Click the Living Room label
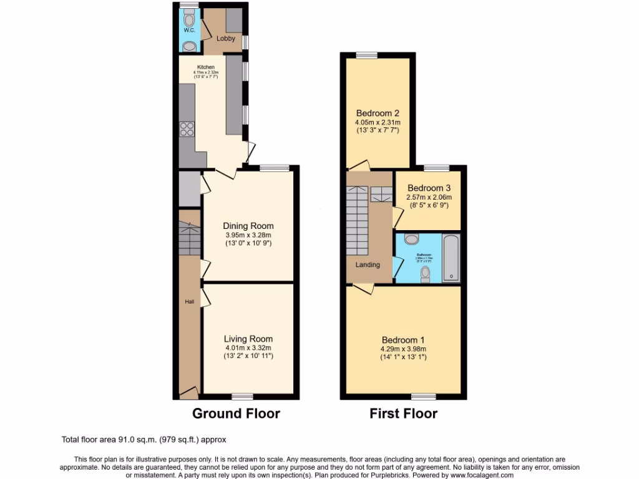(248, 339)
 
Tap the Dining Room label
(248, 226)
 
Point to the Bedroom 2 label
(378, 113)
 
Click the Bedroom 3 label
(429, 188)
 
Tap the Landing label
(368, 264)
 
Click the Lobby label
(225, 39)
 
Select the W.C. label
(189, 30)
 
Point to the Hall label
(189, 302)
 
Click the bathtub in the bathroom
(451, 258)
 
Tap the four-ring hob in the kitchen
(187, 128)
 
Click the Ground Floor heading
(236, 414)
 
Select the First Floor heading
(403, 414)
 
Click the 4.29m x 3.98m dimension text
(403, 349)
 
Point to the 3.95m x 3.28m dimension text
(248, 235)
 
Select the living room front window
(242, 396)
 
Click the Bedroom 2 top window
(367, 55)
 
